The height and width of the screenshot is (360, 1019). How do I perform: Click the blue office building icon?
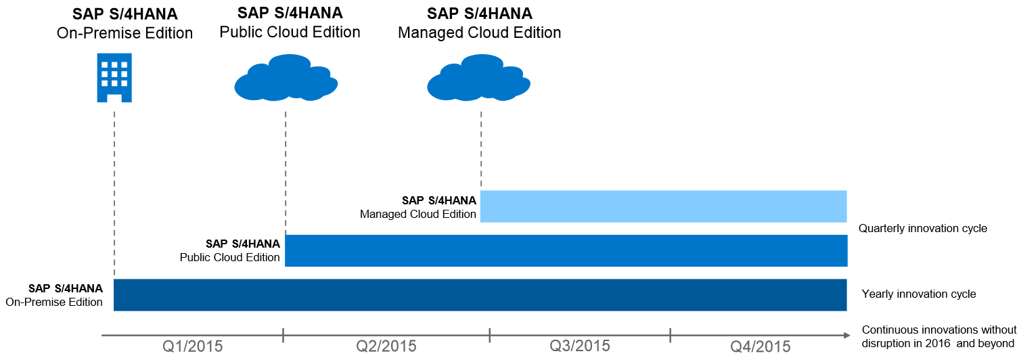pyautogui.click(x=114, y=78)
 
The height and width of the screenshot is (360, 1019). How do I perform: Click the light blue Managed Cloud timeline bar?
pyautogui.click(x=663, y=206)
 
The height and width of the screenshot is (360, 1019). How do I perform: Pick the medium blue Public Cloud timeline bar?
pyautogui.click(x=566, y=250)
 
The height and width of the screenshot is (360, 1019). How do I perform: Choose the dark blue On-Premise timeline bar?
pyautogui.click(x=480, y=294)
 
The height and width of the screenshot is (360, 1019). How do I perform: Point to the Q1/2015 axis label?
pyautogui.click(x=193, y=346)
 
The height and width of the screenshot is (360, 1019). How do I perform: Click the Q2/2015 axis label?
pyautogui.click(x=386, y=346)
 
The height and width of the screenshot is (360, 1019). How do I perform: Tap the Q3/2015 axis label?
pyautogui.click(x=579, y=346)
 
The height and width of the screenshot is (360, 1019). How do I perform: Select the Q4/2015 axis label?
pyautogui.click(x=761, y=346)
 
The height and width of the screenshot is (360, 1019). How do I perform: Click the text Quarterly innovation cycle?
pyautogui.click(x=922, y=229)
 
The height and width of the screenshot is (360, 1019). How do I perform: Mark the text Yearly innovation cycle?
pyautogui.click(x=918, y=294)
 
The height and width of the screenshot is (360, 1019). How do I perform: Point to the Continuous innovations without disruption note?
pyautogui.click(x=938, y=336)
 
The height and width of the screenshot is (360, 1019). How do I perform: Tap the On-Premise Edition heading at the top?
pyautogui.click(x=124, y=24)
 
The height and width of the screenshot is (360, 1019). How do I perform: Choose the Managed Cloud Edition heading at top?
pyautogui.click(x=479, y=23)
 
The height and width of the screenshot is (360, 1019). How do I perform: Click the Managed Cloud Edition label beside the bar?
pyautogui.click(x=418, y=207)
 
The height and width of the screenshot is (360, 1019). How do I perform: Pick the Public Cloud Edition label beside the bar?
pyautogui.click(x=230, y=250)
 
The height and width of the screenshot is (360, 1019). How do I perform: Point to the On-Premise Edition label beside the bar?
pyautogui.click(x=55, y=295)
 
